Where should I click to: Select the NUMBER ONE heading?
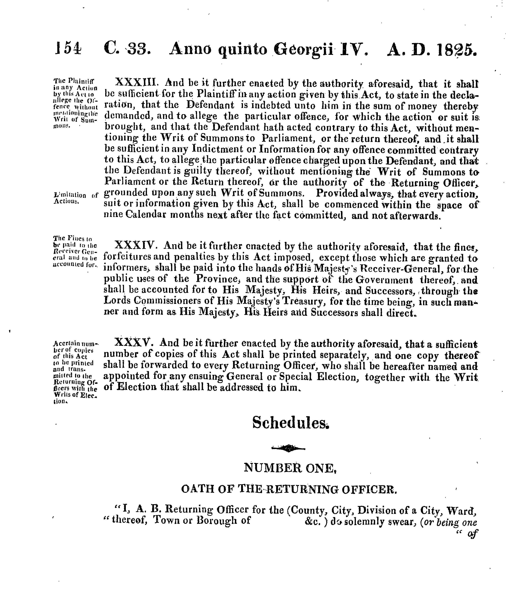tap(290, 468)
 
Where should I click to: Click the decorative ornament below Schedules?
tap(288, 448)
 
